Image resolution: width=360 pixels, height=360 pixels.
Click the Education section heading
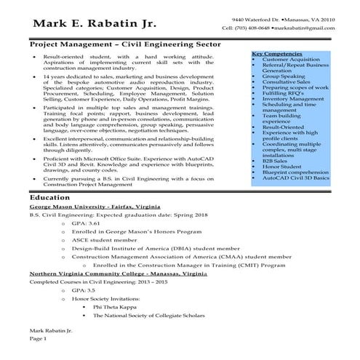click(50, 197)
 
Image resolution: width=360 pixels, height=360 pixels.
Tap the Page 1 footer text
click(38, 339)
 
